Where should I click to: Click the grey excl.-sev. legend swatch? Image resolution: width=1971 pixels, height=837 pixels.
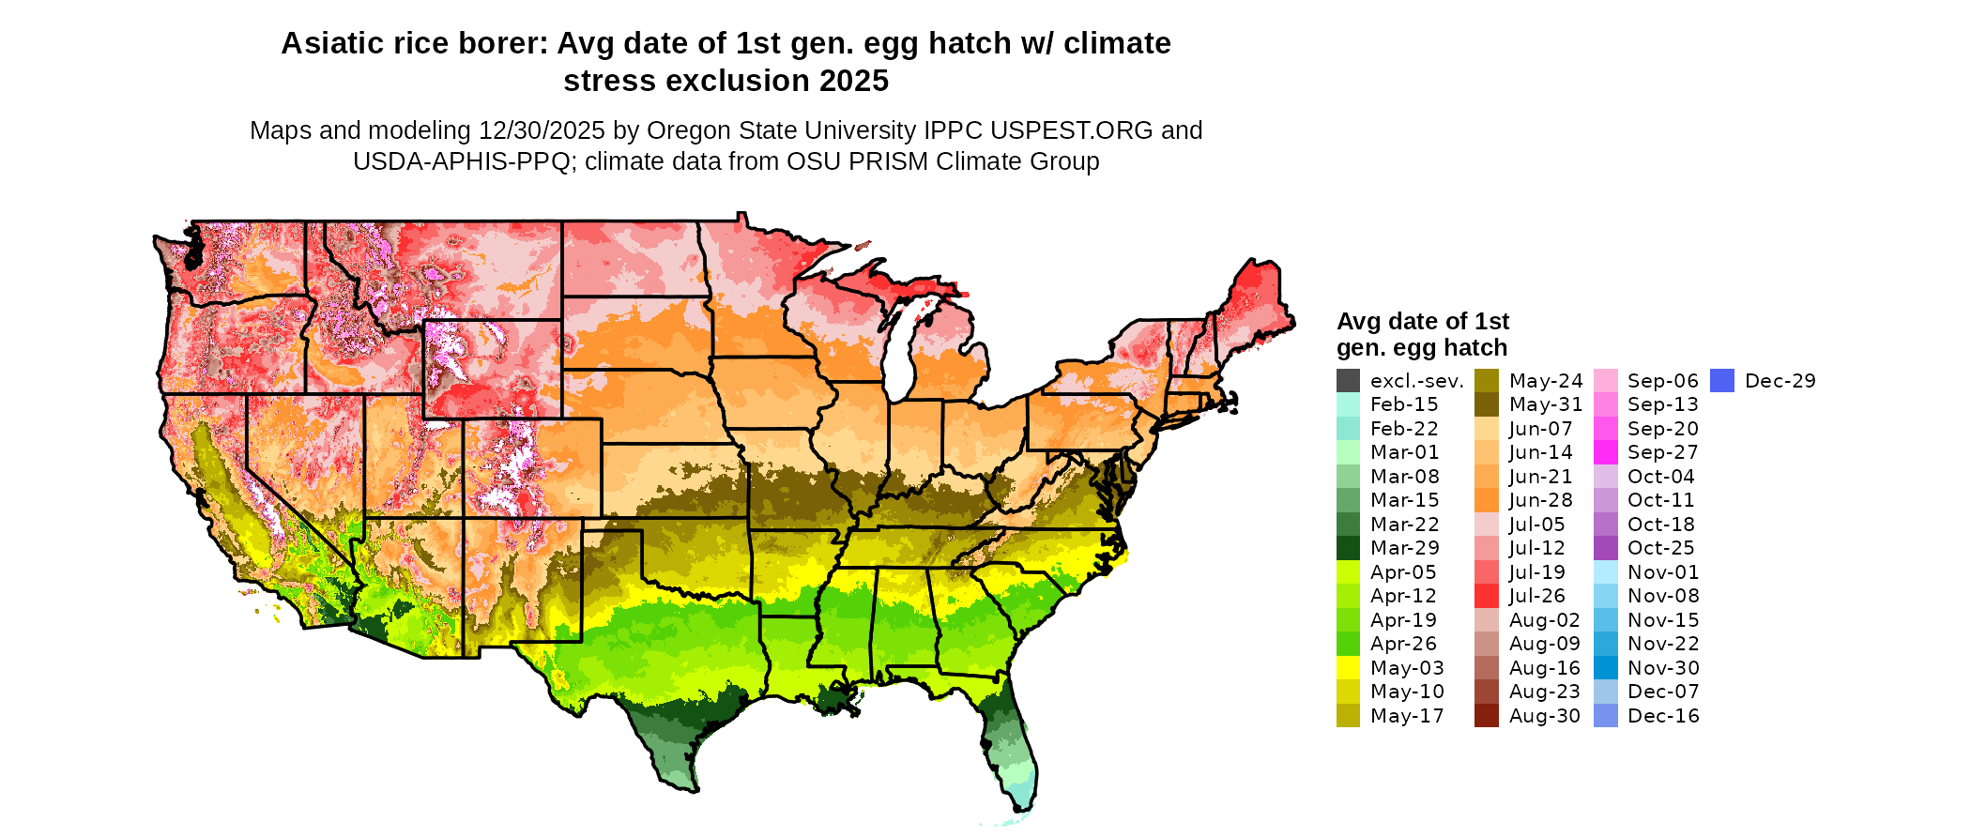click(1348, 381)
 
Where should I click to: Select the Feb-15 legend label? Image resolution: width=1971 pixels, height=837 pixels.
click(1404, 405)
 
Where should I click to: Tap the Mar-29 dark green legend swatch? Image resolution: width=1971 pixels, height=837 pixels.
click(1348, 548)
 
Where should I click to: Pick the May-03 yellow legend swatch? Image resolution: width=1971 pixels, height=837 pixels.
click(1348, 668)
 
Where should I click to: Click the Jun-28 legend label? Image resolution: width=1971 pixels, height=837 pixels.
click(1540, 500)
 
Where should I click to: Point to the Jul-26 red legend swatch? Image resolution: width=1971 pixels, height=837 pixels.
click(1486, 596)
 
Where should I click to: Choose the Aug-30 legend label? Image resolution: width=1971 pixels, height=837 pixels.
click(1544, 716)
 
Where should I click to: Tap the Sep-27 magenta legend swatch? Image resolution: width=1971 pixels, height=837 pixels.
click(1605, 452)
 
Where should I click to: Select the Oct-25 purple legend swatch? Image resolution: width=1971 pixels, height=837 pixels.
click(1605, 548)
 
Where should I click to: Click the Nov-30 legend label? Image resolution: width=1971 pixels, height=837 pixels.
click(1663, 668)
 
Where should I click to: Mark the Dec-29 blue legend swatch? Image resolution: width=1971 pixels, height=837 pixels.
click(1721, 381)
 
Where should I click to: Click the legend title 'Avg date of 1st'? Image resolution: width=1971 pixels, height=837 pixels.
click(1422, 322)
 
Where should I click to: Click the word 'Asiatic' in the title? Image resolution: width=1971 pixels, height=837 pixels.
click(330, 44)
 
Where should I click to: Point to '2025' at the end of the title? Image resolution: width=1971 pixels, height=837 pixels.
click(853, 82)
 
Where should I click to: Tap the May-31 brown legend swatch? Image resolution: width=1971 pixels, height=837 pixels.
click(1486, 404)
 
